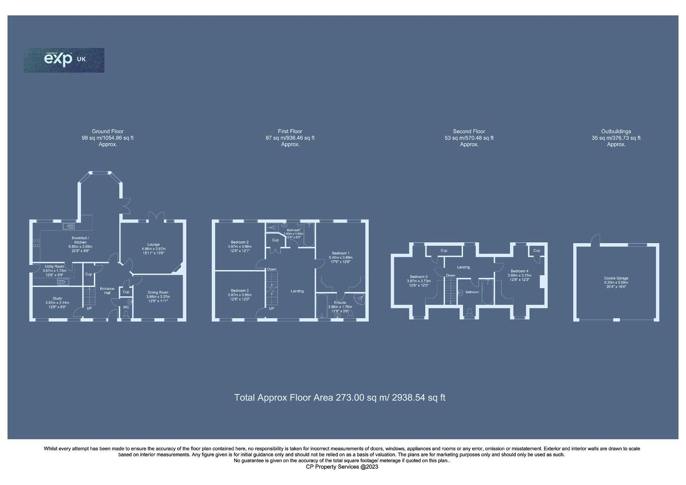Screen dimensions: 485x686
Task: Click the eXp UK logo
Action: coord(64,60)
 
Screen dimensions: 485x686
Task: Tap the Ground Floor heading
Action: coord(108,132)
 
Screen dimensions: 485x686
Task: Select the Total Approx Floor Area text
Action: coord(340,398)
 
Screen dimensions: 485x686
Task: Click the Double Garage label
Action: coord(616,278)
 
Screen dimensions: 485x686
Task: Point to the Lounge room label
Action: coord(153,245)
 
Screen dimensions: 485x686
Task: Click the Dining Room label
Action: coord(158,292)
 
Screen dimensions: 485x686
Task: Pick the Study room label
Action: coord(57,298)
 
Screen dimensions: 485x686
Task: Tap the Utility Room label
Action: coord(54,267)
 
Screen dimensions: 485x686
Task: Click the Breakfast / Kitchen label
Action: coord(80,240)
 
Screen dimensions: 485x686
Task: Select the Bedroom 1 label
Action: coord(340,253)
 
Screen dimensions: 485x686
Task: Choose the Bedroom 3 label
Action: coord(238,291)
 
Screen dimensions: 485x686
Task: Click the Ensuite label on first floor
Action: coord(340,303)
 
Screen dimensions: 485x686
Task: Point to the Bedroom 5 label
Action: coord(418,277)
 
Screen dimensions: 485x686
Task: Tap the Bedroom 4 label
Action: coord(519,271)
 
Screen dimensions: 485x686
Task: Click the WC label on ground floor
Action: coord(126,307)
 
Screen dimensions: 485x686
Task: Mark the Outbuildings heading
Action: coord(616,132)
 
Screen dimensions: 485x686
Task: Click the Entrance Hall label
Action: coord(107,291)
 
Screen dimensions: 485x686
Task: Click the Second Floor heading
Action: coord(469,132)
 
